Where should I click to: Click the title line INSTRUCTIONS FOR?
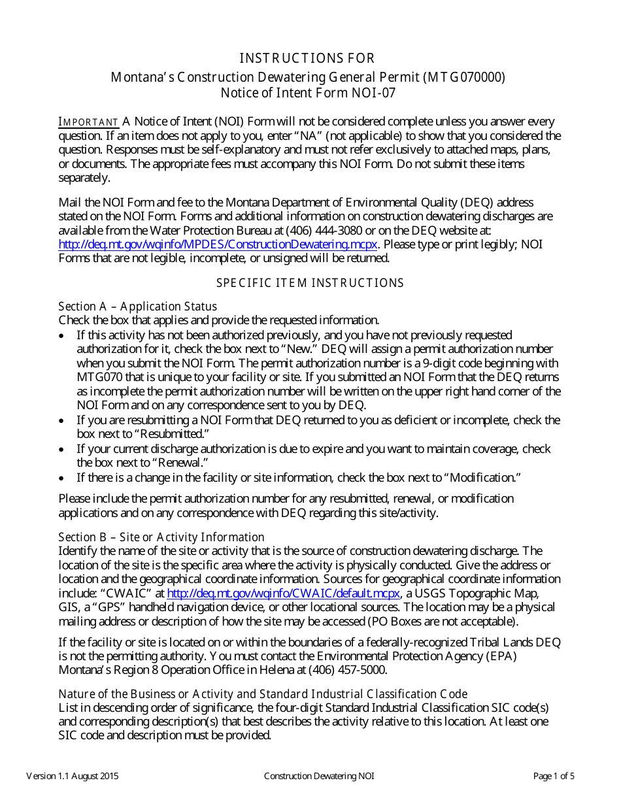pyautogui.click(x=307, y=58)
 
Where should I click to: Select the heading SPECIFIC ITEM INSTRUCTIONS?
pyautogui.click(x=310, y=283)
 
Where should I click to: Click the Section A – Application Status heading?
pyautogui.click(x=137, y=306)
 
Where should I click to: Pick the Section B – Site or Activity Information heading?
pyautogui.click(x=161, y=537)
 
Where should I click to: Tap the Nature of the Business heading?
pyautogui.click(x=263, y=694)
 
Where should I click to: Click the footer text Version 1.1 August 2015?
pyautogui.click(x=73, y=777)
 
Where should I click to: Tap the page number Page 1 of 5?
pyautogui.click(x=554, y=777)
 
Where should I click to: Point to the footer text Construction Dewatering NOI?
pyautogui.click(x=319, y=777)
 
